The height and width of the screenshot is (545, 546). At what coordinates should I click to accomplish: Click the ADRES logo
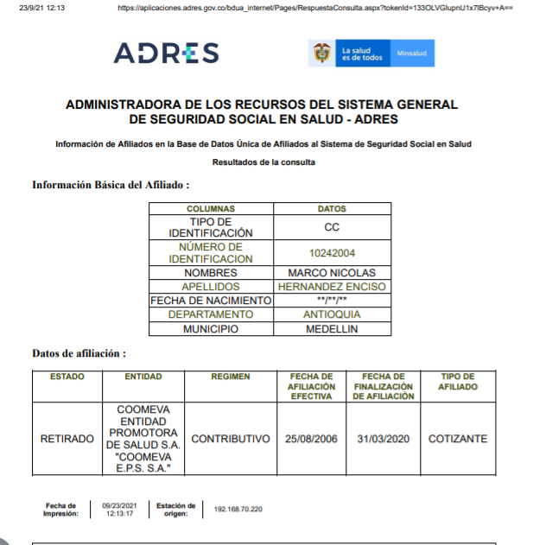point(166,54)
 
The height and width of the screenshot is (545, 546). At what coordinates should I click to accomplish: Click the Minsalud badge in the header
point(412,54)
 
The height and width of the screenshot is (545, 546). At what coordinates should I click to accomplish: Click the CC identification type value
point(332,227)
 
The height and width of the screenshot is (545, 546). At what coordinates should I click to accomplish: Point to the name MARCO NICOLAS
point(332,272)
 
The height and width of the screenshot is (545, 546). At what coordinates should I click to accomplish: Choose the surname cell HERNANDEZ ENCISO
point(332,286)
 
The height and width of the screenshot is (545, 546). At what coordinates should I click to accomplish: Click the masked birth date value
point(332,301)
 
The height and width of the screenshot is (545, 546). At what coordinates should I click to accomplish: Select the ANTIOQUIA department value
point(332,314)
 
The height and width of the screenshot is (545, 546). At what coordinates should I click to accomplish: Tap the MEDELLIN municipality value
point(332,329)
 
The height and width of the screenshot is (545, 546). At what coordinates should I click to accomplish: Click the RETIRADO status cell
point(67,439)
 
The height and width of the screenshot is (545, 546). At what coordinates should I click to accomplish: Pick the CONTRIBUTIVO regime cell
point(231,439)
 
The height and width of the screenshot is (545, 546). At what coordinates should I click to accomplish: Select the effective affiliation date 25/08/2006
point(312,439)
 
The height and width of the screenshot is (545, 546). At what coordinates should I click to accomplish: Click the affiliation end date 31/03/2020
point(383,439)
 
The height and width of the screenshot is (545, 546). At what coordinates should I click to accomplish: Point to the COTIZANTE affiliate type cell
point(457,439)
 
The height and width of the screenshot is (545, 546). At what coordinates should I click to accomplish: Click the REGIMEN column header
point(231,377)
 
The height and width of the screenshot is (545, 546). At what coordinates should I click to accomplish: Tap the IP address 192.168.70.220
point(238,509)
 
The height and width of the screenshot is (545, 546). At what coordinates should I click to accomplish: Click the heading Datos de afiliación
point(79,353)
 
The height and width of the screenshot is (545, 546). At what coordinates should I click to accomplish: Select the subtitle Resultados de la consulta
point(263,162)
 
